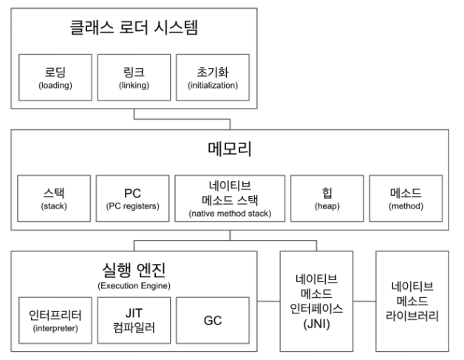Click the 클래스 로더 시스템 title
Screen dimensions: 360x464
point(135,30)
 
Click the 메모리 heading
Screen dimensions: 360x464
point(230,149)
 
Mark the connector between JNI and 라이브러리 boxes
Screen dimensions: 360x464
point(365,302)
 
